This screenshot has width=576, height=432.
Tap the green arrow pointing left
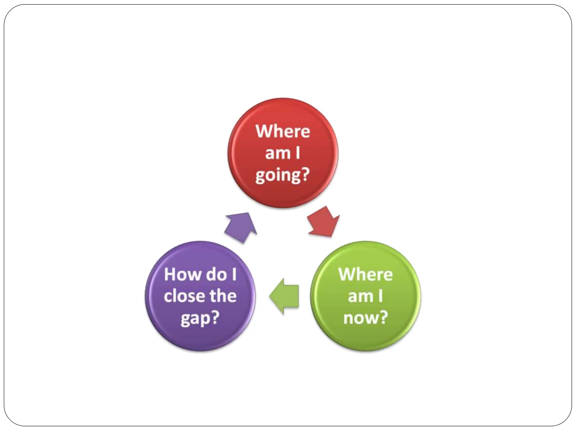tap(284, 296)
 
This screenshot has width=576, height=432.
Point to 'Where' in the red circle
tap(283, 131)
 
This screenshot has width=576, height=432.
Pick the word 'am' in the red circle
tap(278, 153)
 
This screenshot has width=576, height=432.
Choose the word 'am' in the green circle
tap(360, 296)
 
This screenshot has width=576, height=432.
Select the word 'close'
tap(184, 296)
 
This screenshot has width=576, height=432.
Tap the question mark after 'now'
tap(383, 317)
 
